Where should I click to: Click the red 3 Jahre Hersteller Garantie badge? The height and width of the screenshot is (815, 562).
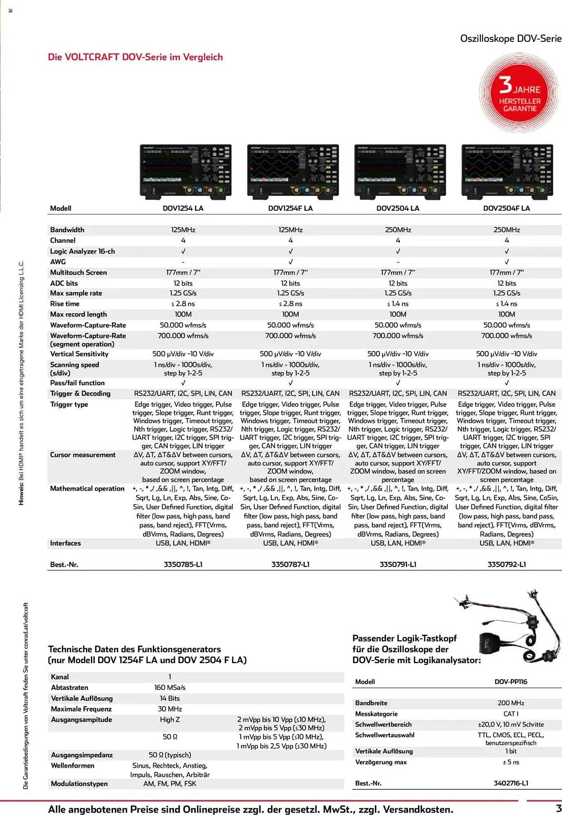519,93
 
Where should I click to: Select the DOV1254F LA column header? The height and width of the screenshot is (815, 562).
290,208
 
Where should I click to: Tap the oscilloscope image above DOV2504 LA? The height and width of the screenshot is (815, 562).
400,171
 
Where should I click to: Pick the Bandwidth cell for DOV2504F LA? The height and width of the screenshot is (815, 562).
507,230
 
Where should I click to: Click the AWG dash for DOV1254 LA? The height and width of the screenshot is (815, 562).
183,262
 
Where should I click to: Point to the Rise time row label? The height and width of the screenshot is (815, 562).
65,304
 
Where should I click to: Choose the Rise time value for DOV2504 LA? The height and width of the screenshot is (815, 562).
398,304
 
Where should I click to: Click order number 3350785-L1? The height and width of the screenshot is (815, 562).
183,564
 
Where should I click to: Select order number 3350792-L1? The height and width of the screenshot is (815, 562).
507,564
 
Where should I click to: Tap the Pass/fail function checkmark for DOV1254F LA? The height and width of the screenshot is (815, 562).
291,383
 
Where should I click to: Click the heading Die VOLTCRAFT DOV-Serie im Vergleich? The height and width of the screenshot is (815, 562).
135,57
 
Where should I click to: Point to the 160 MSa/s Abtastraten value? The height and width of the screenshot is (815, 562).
170,687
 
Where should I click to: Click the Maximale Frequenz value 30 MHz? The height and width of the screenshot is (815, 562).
170,709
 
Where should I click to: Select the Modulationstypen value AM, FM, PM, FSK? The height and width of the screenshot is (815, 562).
170,784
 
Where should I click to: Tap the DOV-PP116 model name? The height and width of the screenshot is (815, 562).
511,682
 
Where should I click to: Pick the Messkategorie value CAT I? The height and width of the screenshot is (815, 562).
511,714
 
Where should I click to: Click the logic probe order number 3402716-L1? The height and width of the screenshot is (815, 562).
511,783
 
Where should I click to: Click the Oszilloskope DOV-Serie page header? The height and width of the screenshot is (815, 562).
511,39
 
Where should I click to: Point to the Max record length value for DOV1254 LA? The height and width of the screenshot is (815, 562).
183,314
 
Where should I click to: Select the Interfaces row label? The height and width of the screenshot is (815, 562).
66,543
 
